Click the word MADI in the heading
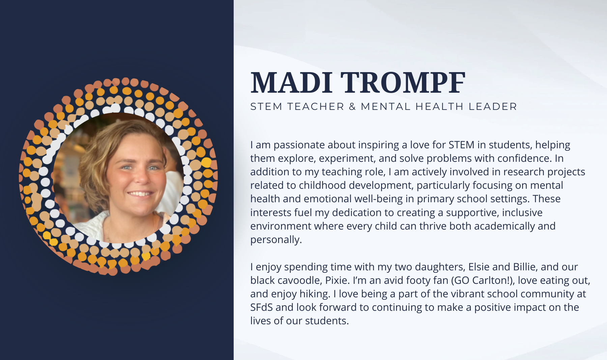(291, 83)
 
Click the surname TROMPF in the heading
(403, 83)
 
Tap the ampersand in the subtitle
(352, 107)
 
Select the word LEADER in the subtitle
(493, 107)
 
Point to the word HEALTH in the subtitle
(439, 107)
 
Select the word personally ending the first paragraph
(276, 240)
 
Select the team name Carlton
(492, 280)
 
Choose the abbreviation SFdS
(261, 307)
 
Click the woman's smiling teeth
(140, 194)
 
